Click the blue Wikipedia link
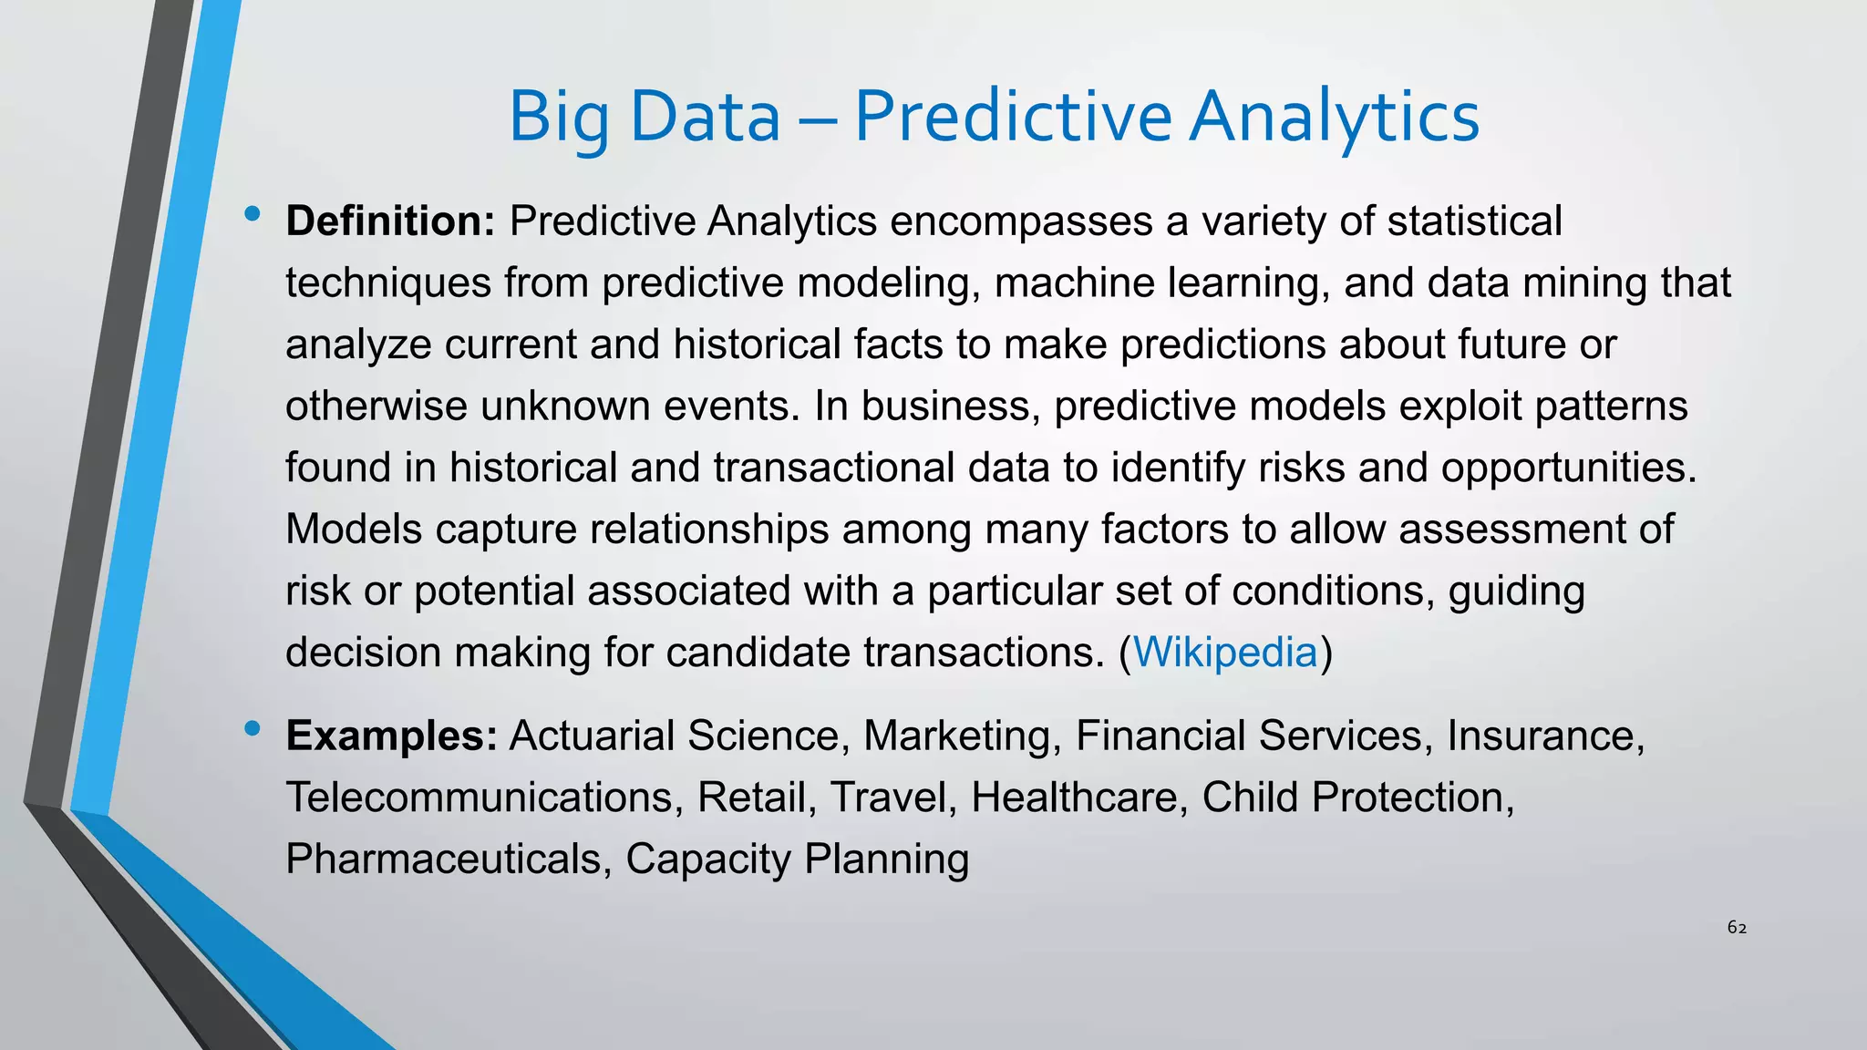[1224, 653]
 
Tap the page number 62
[1737, 928]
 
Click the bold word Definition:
[390, 221]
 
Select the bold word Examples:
[391, 736]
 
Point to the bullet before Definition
[253, 215]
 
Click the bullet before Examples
[253, 728]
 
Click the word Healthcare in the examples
[1079, 798]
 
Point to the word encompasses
[1021, 221]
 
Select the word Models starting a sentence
[354, 530]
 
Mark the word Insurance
[1545, 736]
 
